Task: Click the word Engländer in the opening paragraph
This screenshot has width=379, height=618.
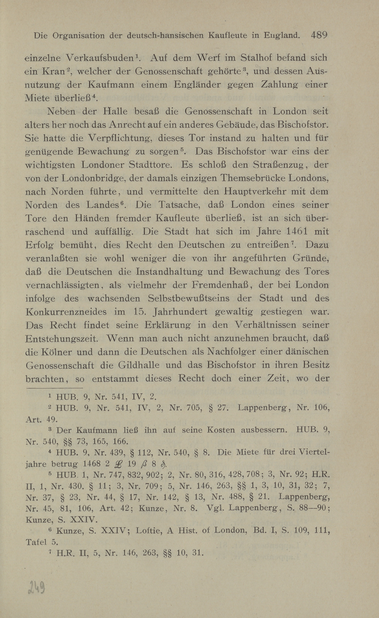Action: pyautogui.click(x=197, y=84)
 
